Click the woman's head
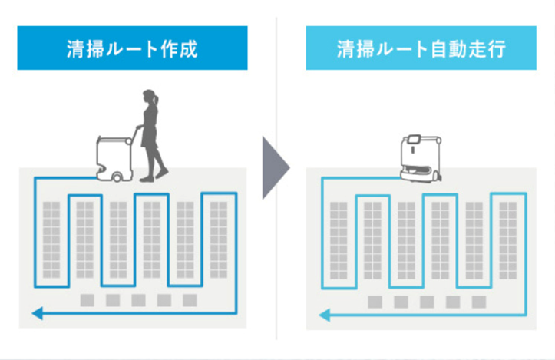click(x=148, y=98)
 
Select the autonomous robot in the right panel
click(x=418, y=160)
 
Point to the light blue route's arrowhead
click(x=325, y=314)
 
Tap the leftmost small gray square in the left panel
click(x=87, y=299)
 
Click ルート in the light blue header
click(x=402, y=48)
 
